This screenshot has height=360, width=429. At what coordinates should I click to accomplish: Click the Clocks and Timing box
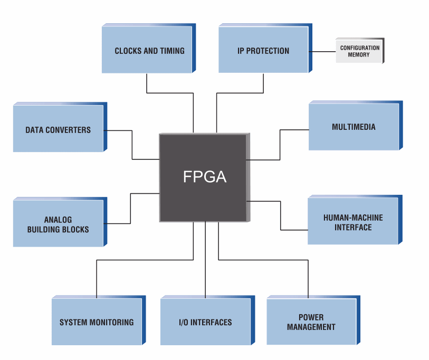(x=148, y=51)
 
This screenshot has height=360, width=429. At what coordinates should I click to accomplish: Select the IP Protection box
(x=263, y=51)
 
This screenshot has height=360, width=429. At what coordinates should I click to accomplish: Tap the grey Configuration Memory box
(x=359, y=51)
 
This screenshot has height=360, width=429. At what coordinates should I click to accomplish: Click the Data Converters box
(x=58, y=130)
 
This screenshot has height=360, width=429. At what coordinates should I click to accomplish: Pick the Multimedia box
(x=354, y=127)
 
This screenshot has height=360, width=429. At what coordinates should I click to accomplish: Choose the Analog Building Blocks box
(x=58, y=224)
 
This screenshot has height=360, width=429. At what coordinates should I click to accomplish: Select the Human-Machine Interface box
(x=353, y=222)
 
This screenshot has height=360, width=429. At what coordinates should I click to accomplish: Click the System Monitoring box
(x=97, y=322)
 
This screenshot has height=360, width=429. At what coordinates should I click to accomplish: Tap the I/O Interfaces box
(x=205, y=322)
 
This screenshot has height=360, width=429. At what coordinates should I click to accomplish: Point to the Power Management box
(x=311, y=322)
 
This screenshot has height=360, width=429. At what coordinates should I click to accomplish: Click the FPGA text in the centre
(x=205, y=177)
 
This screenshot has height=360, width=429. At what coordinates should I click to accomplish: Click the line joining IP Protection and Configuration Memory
(x=322, y=51)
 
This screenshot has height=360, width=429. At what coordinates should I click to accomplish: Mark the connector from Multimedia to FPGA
(x=280, y=143)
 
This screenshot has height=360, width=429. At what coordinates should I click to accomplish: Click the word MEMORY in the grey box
(x=359, y=55)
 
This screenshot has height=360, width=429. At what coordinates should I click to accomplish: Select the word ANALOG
(x=58, y=220)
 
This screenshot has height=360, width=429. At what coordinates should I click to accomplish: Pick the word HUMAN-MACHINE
(x=353, y=217)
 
